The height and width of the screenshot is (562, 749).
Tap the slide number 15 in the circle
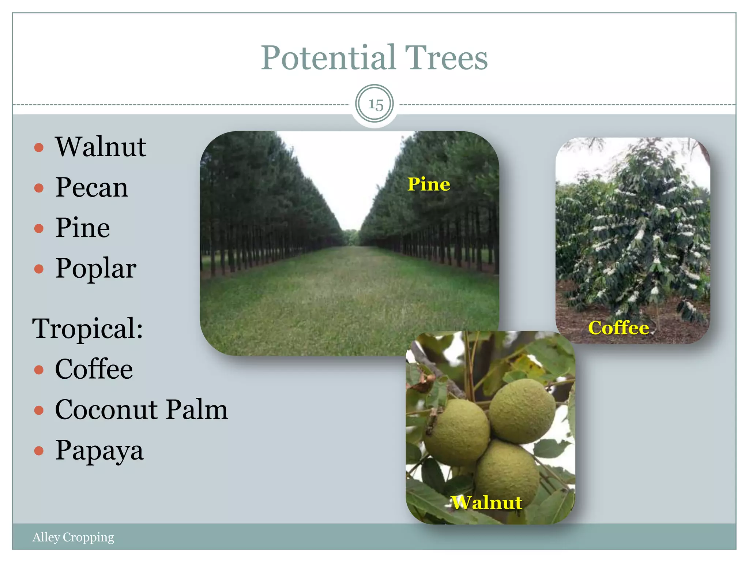tap(375, 105)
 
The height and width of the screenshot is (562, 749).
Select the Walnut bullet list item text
tap(101, 147)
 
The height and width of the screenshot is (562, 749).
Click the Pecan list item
tap(91, 187)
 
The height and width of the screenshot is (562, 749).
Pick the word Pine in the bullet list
tap(83, 228)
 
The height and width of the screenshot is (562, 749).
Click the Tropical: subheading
tap(87, 328)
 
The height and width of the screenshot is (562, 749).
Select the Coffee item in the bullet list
tap(94, 369)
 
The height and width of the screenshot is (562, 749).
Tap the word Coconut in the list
tap(106, 409)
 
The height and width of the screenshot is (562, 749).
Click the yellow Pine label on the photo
tap(429, 184)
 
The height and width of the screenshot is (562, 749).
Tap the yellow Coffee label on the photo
tap(618, 327)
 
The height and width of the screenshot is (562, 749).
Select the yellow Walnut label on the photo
tap(486, 502)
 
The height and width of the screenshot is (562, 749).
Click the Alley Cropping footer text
tap(73, 537)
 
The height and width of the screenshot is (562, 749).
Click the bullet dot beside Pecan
tap(39, 188)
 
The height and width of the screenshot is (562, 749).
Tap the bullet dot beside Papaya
tap(39, 450)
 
